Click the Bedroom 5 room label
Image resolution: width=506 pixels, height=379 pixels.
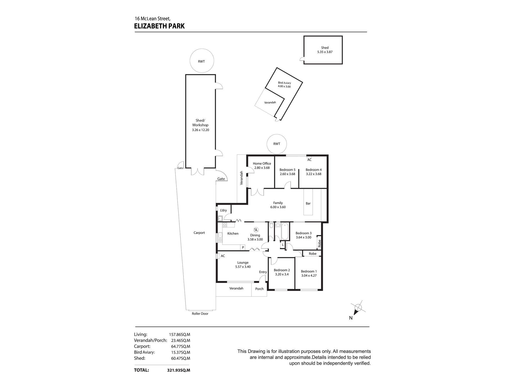coord(287,170)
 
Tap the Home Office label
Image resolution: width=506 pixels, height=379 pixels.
coord(262,163)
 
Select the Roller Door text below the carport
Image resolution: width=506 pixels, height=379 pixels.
coord(200,314)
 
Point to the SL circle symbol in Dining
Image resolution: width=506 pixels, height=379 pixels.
coord(256,230)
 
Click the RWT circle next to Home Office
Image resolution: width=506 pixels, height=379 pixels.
coord(277,144)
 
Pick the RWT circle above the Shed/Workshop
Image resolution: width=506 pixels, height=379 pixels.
coord(202,61)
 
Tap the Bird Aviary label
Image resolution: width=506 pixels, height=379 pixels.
coord(284,83)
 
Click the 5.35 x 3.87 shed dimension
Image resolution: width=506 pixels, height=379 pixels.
coord(325,52)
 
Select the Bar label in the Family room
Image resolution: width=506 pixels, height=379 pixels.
coord(308,203)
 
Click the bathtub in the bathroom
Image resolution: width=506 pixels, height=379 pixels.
coord(285,231)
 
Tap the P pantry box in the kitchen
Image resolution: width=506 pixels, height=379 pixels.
coord(243,247)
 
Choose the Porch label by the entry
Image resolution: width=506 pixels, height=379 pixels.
coord(259,289)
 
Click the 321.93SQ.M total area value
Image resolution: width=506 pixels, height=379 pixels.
coord(178,370)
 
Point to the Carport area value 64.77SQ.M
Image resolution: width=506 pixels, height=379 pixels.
coord(181,346)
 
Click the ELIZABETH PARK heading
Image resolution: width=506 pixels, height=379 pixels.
coord(159,26)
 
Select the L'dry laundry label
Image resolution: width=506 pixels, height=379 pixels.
coord(223,210)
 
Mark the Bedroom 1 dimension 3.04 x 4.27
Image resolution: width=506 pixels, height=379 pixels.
coord(309,276)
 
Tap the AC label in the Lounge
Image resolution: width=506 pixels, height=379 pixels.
coord(223,256)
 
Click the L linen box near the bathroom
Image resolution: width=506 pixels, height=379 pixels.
coord(283,245)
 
